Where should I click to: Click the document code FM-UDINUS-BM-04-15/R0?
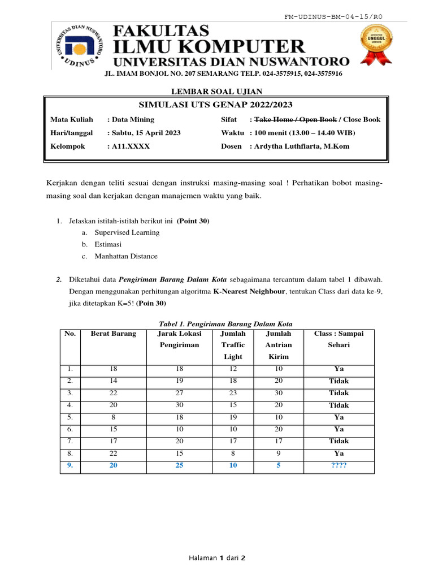tap(333, 17)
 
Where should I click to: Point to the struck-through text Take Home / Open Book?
tap(295, 119)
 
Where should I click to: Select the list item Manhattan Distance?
tap(126, 256)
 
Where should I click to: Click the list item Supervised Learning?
tap(127, 232)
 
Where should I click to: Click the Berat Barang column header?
tap(113, 334)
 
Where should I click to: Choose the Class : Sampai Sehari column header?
tap(339, 339)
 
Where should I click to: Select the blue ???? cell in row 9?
tap(339, 466)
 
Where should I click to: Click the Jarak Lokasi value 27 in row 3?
tap(180, 393)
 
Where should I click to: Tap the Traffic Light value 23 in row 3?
tap(233, 393)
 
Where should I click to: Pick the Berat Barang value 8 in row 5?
tap(113, 417)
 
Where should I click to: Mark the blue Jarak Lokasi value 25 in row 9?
tap(180, 466)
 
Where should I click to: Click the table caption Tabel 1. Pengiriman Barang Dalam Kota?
tap(217, 323)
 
